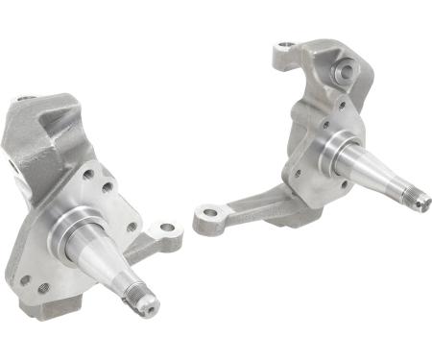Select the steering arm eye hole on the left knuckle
(x=168, y=229)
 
